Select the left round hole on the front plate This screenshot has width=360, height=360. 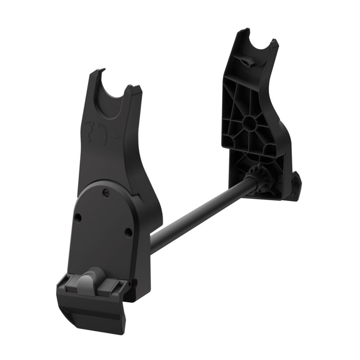pos(78,218)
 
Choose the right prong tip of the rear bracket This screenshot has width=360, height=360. pos(274,42)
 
